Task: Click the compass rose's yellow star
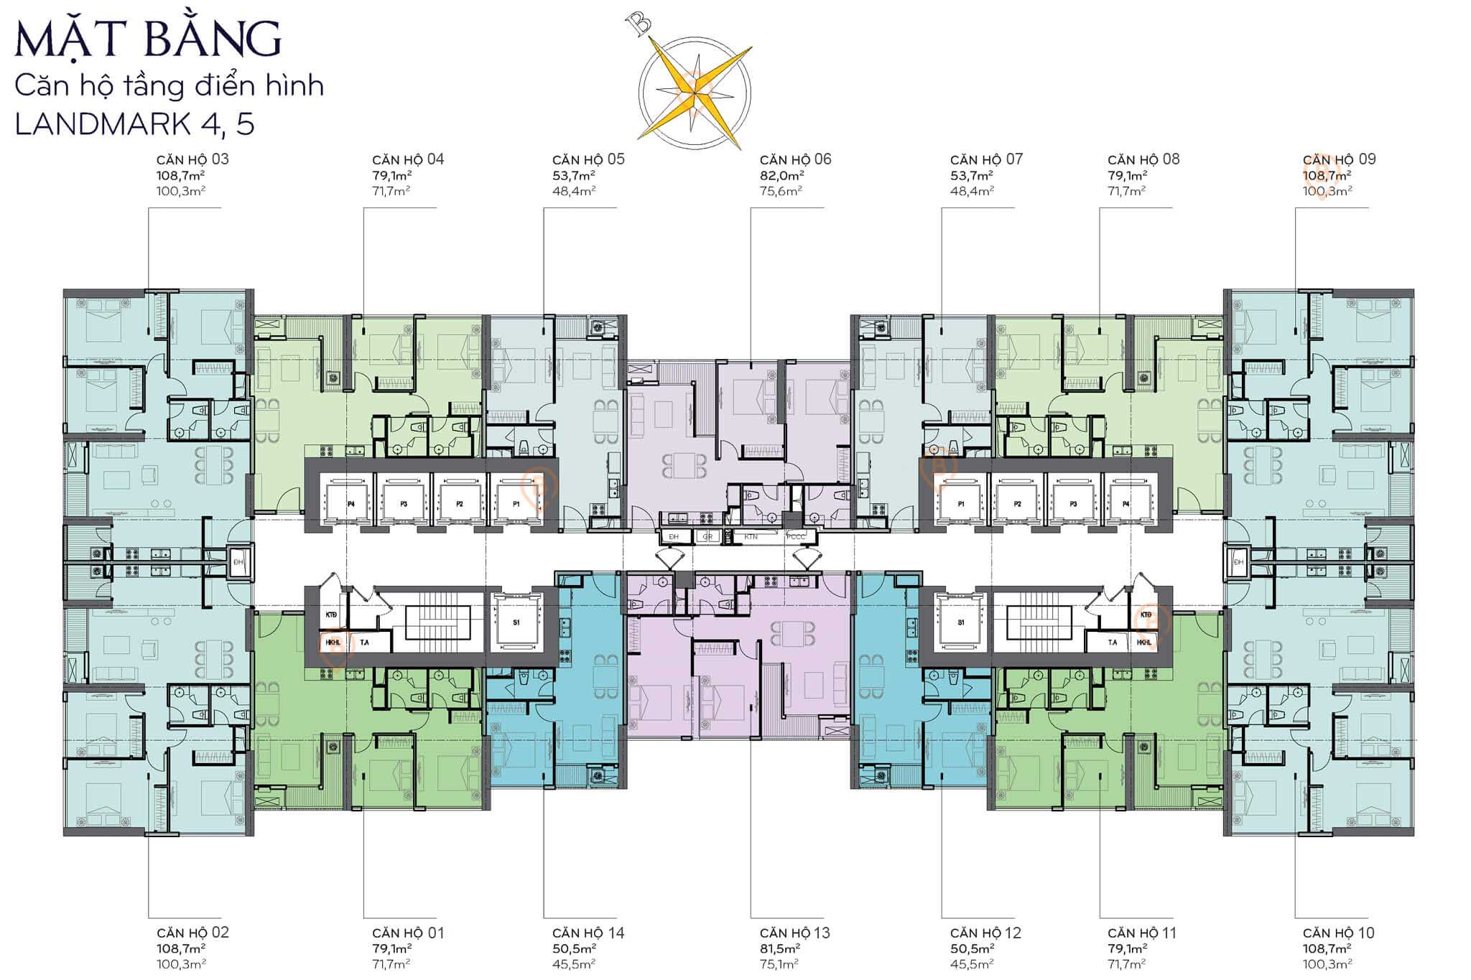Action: pyautogui.click(x=695, y=90)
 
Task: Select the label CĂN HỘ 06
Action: pyautogui.click(x=795, y=159)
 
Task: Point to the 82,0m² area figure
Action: pyautogui.click(x=781, y=175)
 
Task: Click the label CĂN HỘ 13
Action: pyautogui.click(x=794, y=933)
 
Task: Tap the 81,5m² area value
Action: pyautogui.click(x=781, y=948)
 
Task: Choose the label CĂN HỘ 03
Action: pyautogui.click(x=192, y=159)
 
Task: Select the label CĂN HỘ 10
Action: pyautogui.click(x=1339, y=933)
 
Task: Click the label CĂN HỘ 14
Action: pyautogui.click(x=588, y=933)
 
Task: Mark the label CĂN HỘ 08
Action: pyautogui.click(x=1143, y=159)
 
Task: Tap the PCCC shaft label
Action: pyautogui.click(x=796, y=536)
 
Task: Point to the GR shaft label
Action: pyautogui.click(x=707, y=536)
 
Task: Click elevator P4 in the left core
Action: pyautogui.click(x=351, y=504)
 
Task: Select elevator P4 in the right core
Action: pyautogui.click(x=1126, y=504)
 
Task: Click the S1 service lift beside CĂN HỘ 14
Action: pyautogui.click(x=516, y=622)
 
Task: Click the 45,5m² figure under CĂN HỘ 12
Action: pyautogui.click(x=972, y=964)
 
